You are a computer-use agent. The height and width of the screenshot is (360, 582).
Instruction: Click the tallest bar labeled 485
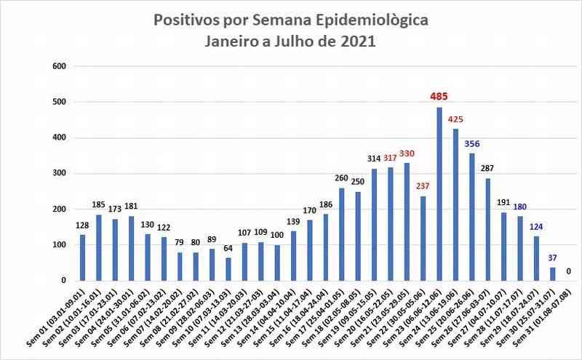tap(439, 193)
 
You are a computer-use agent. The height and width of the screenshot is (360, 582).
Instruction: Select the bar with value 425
tap(455, 204)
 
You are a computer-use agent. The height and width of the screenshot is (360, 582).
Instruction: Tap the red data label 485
tap(439, 96)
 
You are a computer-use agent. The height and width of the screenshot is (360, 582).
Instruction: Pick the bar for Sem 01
tap(82, 257)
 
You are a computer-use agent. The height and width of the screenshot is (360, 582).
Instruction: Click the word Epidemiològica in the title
tap(371, 19)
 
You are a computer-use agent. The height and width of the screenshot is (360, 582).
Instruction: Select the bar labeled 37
tap(553, 274)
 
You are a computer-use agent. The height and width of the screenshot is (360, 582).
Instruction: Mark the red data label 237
tap(423, 185)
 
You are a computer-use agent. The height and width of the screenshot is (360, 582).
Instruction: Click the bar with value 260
tap(342, 234)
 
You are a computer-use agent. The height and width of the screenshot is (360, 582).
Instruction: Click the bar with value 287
tap(488, 229)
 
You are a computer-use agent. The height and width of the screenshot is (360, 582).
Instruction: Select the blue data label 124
tap(537, 225)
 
